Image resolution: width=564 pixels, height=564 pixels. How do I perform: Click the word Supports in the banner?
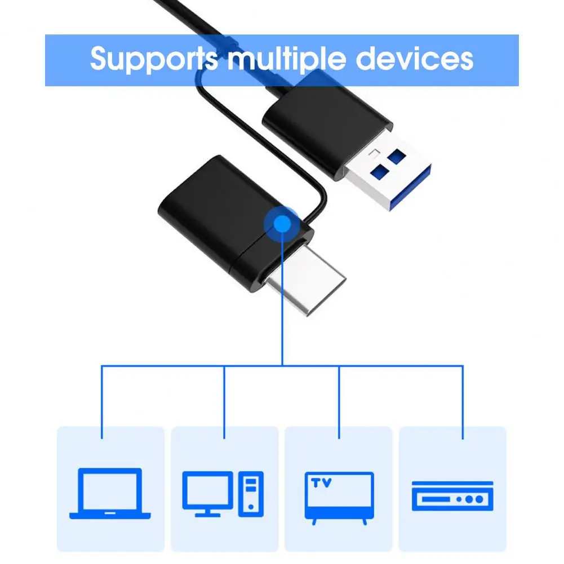[153, 59]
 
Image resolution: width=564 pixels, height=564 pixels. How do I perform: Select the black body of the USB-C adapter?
[214, 208]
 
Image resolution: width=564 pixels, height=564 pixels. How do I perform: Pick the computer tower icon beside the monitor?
[251, 494]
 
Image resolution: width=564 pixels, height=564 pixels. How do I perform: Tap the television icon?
[339, 495]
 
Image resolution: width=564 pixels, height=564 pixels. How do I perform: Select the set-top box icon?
[452, 496]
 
